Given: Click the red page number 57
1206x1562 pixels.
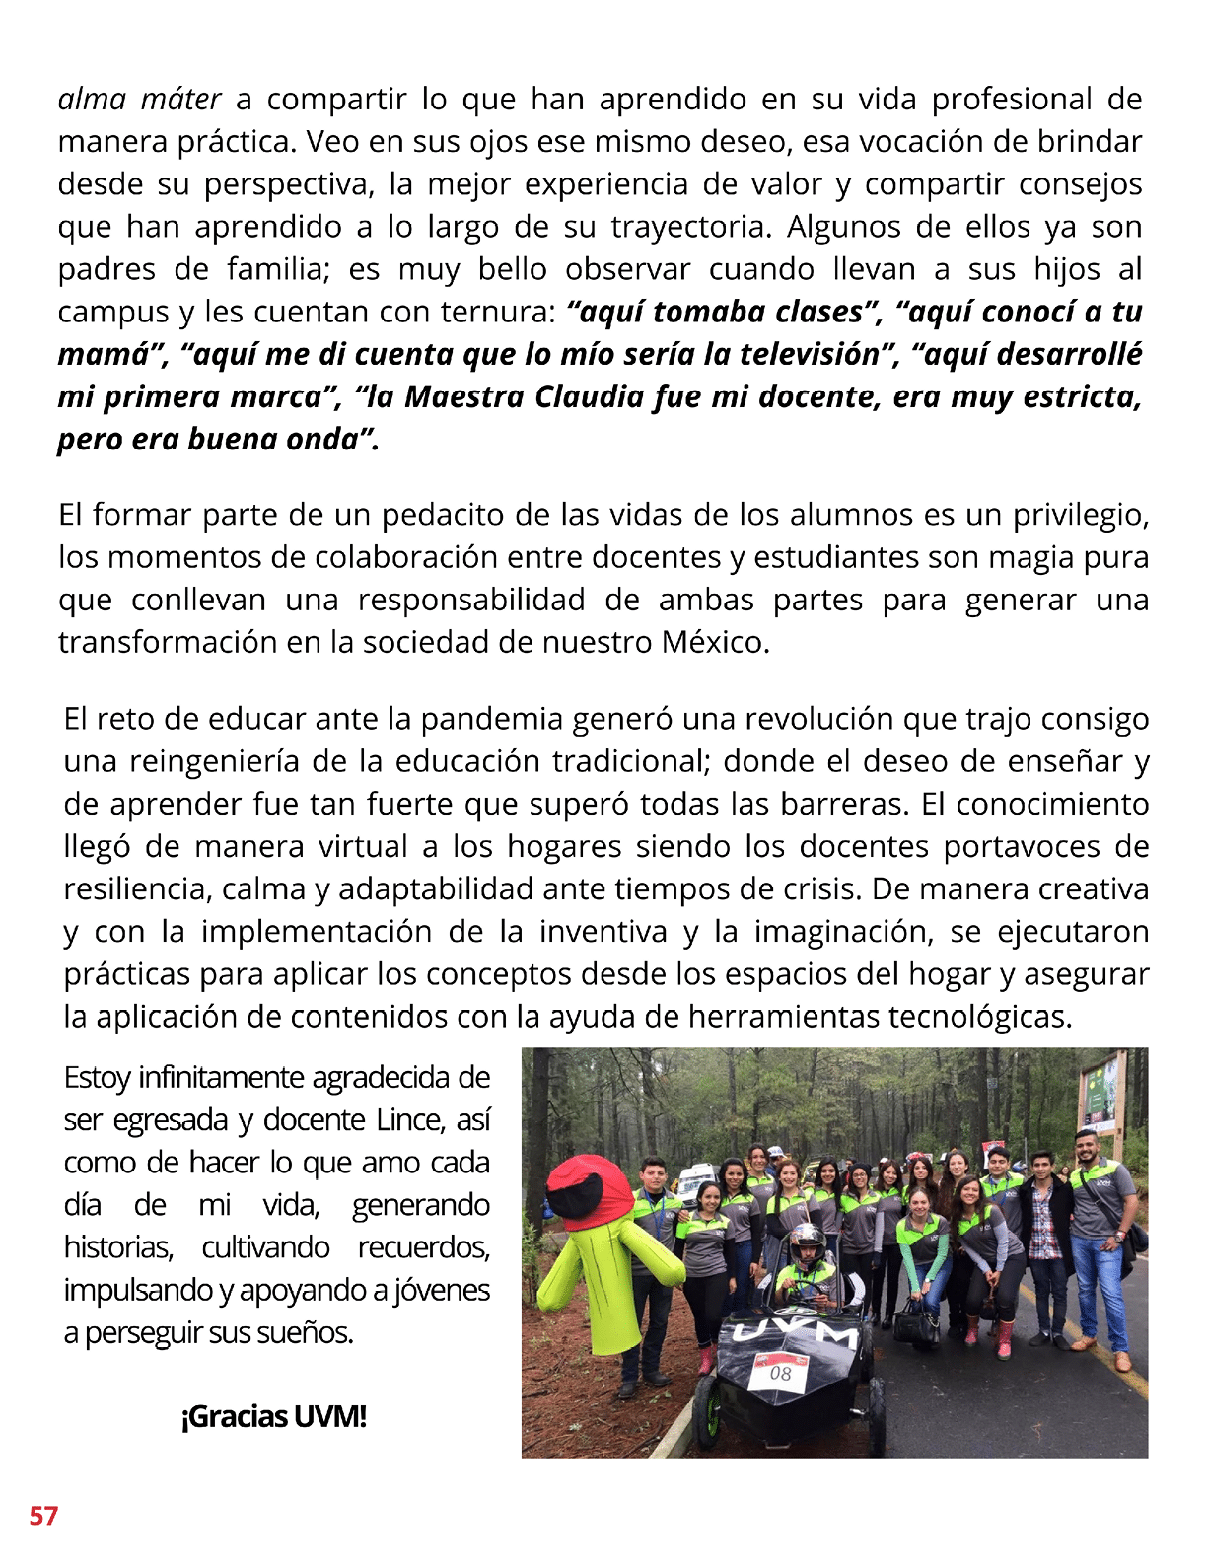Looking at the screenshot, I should tap(43, 1515).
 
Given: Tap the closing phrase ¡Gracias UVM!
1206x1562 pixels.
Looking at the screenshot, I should tap(273, 1417).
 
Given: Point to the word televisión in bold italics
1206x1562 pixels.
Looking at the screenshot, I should tap(796, 354).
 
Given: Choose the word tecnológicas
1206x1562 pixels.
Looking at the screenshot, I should tap(979, 1017).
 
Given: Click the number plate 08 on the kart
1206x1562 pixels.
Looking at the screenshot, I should tap(780, 1373).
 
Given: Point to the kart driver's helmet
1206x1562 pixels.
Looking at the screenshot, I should tap(807, 1244).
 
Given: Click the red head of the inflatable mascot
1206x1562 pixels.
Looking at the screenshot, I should tap(590, 1189).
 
